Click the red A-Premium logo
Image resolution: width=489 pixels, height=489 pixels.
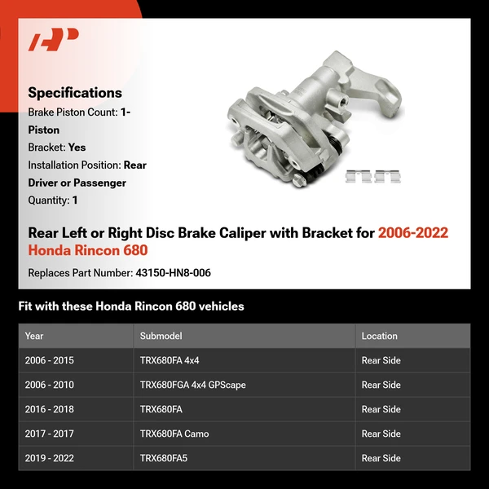point(54,40)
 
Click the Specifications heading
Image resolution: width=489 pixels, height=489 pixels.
point(75,93)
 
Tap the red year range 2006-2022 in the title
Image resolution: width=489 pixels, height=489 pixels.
point(412,233)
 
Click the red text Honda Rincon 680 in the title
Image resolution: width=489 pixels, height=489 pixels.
point(88,250)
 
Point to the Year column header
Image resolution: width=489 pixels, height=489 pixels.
point(34,336)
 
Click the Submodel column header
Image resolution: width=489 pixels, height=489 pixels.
point(161,336)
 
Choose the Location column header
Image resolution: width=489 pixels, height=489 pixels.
point(379,336)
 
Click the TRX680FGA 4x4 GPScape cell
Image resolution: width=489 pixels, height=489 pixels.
point(192,385)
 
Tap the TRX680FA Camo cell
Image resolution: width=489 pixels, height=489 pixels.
point(174,434)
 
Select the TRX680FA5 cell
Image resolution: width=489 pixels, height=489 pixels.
point(163,458)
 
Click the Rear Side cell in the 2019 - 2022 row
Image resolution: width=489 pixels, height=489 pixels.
point(381,458)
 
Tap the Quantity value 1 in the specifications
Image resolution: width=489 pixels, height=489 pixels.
point(75,200)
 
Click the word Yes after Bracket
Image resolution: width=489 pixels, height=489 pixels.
point(77,148)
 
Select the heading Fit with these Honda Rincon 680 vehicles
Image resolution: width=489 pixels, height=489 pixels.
point(130,306)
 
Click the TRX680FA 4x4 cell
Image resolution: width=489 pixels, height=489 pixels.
point(169,360)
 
